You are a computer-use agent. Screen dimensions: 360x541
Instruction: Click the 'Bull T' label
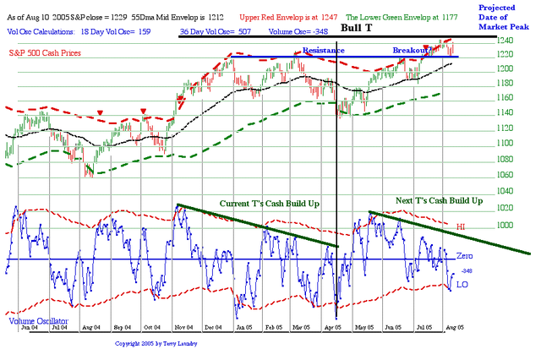click(358, 27)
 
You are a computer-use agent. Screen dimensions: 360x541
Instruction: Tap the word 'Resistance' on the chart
click(323, 51)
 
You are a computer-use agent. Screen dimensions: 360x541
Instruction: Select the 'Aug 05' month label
click(454, 326)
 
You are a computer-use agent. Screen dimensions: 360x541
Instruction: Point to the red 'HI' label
click(461, 227)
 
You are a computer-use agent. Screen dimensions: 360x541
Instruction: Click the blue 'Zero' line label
click(464, 256)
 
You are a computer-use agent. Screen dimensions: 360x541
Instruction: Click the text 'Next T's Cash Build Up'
click(439, 201)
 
